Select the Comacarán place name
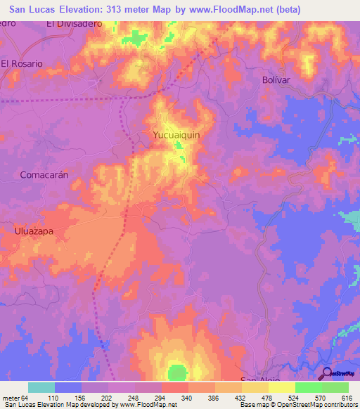tap(44, 175)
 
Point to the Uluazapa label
tap(34, 230)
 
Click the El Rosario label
tap(22, 63)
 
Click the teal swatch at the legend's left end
tap(41, 387)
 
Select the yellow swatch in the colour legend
tap(282, 387)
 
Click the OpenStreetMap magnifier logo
tap(327, 373)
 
